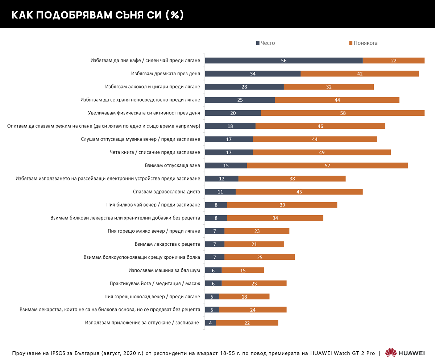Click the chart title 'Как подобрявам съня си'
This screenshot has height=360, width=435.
click(97, 15)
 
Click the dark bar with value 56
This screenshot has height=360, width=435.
click(283, 61)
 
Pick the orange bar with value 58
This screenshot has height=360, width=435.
click(343, 113)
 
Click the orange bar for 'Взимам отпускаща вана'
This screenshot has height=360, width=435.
click(327, 165)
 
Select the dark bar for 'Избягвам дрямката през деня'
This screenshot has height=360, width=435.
click(253, 74)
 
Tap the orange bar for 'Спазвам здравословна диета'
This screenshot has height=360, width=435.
click(299, 192)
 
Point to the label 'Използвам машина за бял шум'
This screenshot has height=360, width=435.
click(164, 270)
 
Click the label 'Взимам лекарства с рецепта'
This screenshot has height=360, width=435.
click(167, 244)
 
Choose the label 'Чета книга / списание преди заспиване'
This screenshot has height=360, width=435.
click(155, 152)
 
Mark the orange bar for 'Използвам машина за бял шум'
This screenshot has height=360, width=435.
click(243, 270)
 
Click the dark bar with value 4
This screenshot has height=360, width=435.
click(210, 323)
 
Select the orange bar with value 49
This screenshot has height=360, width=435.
click(322, 152)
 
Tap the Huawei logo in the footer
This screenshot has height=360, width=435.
click(405, 353)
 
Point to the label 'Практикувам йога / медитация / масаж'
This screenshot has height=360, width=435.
click(155, 283)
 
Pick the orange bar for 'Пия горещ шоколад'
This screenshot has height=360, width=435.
click(244, 296)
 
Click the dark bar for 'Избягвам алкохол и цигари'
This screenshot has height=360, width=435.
click(244, 87)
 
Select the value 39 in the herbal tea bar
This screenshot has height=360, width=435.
click(282, 205)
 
